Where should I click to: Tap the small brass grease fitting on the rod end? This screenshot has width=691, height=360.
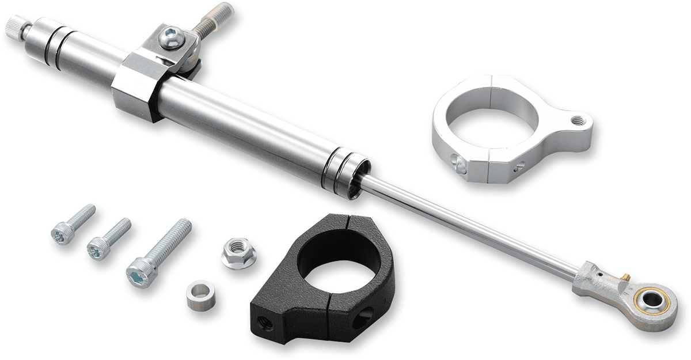(624, 278)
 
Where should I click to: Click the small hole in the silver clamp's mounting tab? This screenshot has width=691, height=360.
(577, 120)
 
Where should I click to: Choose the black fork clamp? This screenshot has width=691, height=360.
(322, 276)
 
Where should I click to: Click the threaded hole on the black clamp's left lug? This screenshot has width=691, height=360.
(266, 324)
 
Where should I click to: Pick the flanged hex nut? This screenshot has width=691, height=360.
(238, 253)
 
